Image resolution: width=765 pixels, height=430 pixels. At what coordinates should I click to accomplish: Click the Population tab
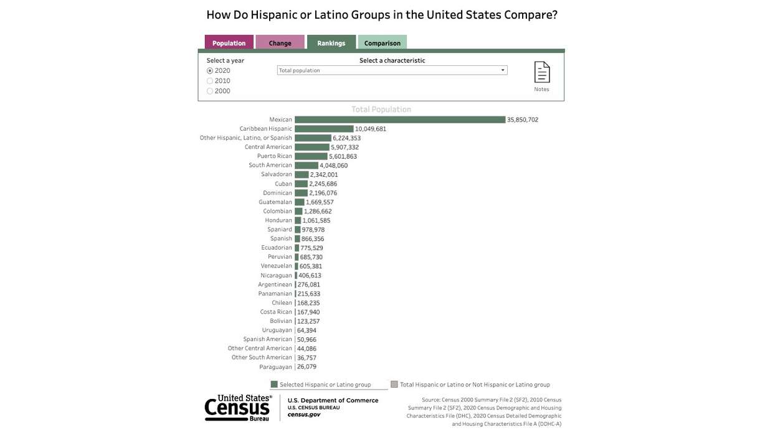tap(229, 43)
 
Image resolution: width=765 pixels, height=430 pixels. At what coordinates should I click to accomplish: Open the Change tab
tap(280, 43)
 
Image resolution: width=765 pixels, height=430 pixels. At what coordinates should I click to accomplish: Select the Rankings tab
tap(331, 43)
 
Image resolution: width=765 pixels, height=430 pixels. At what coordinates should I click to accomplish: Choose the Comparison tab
tap(382, 43)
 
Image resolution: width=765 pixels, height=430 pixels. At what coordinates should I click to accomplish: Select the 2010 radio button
tap(210, 81)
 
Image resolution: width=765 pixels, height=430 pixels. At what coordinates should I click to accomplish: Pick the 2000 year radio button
tap(210, 91)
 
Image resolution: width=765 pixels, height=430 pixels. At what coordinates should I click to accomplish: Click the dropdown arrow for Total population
tap(503, 70)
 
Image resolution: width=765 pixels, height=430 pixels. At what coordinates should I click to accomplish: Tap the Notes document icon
tap(542, 72)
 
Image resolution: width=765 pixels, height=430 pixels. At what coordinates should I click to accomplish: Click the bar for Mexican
tap(399, 119)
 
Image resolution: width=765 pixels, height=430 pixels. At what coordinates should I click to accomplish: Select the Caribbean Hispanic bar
tap(324, 129)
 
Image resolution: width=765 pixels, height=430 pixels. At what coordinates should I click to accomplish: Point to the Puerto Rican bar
tap(311, 156)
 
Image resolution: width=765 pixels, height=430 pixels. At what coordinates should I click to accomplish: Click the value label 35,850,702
tap(523, 119)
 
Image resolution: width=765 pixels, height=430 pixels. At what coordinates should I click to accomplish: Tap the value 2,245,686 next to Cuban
tap(323, 184)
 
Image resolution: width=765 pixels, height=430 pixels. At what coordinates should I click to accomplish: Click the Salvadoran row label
tap(277, 174)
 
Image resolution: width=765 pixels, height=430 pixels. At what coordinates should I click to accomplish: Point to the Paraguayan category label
tap(275, 367)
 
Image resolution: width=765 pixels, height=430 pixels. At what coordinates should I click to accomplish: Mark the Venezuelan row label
tap(276, 266)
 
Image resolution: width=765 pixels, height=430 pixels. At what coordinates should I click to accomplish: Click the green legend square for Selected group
tap(274, 385)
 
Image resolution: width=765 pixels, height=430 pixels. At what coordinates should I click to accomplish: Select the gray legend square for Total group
tap(394, 385)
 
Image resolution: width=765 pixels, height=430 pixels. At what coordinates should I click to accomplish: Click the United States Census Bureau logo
tap(238, 408)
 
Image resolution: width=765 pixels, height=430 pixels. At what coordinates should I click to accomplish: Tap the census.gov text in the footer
tap(304, 414)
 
